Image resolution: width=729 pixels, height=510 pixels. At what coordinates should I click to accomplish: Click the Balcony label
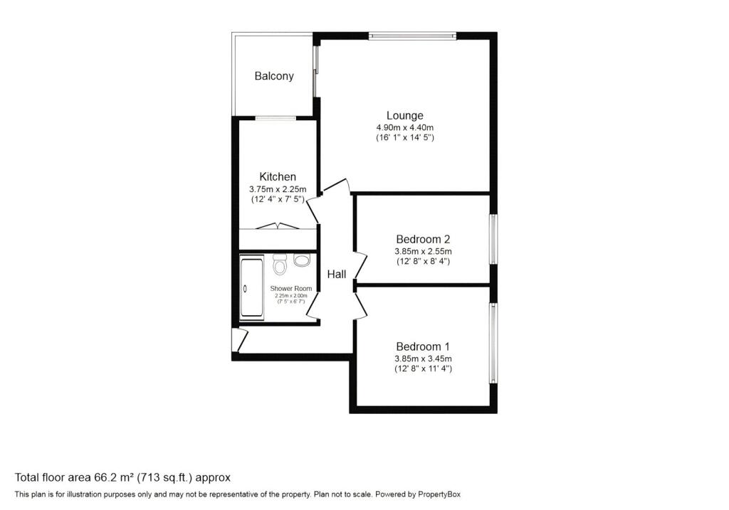click(x=274, y=76)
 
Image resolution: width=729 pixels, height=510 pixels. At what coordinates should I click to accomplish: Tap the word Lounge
click(x=405, y=116)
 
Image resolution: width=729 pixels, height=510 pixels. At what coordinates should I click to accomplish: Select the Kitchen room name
click(x=278, y=176)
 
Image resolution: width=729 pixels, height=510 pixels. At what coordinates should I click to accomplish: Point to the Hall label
click(x=337, y=275)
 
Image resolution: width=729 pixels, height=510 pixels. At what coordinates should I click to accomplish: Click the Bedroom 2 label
click(x=423, y=239)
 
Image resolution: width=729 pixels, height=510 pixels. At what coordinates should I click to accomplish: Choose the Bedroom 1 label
click(x=423, y=346)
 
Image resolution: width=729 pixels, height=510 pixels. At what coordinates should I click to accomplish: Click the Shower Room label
click(x=291, y=289)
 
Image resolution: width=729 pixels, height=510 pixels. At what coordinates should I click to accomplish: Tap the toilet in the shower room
click(x=280, y=265)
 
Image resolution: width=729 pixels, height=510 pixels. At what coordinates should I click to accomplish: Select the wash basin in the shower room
click(x=302, y=260)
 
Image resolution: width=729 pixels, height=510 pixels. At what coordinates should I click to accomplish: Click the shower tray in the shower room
click(x=251, y=288)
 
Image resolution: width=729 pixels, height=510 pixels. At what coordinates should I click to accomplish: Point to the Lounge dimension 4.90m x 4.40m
click(x=405, y=128)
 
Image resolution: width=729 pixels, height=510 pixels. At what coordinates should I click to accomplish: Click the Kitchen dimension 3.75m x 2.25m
click(x=278, y=189)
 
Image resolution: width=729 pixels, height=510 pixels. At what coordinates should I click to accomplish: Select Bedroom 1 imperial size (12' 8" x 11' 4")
click(x=423, y=368)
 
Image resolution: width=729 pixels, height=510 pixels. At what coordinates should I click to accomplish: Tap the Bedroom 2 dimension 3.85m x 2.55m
click(x=423, y=251)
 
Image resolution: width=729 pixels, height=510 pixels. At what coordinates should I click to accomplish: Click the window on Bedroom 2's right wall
click(x=493, y=239)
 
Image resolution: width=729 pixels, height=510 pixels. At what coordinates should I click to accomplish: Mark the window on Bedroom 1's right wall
click(x=493, y=344)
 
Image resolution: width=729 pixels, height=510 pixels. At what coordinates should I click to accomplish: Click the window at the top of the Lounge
click(x=413, y=36)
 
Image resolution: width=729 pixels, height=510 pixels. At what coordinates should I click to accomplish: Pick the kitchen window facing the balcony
click(x=276, y=119)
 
